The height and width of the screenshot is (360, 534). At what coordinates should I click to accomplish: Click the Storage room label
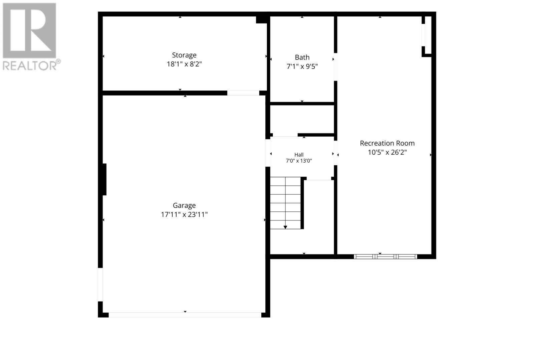pos(184,55)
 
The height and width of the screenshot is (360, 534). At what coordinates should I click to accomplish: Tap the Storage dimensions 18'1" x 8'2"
pos(184,64)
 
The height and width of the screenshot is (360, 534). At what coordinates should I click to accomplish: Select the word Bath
pos(302,57)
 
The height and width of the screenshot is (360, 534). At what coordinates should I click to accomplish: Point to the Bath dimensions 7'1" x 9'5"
pos(302,66)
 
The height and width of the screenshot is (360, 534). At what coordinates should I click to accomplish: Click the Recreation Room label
pos(387,143)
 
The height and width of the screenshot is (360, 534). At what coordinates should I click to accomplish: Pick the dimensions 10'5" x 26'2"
pos(387,152)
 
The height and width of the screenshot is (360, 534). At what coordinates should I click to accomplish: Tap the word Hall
pos(299,155)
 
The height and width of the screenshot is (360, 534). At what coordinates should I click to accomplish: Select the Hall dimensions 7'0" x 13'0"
pos(299,161)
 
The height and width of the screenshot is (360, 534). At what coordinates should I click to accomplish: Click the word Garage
pos(184,206)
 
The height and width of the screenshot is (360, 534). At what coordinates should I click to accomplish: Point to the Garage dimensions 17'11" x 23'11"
pos(184,215)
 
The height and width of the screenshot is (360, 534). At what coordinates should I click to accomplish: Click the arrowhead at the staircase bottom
pos(285,227)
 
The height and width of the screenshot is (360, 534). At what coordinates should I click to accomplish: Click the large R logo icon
pos(29,30)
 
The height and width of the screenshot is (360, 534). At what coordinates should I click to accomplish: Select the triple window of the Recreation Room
pos(385,257)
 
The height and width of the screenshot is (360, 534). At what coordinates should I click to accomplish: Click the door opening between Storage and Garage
pos(243,93)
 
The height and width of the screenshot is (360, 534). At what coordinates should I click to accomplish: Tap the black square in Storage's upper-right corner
pos(262,20)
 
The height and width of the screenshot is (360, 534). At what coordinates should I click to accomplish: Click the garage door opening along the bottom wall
pos(185,315)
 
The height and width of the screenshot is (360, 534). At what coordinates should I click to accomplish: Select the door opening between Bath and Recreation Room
pos(335,67)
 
